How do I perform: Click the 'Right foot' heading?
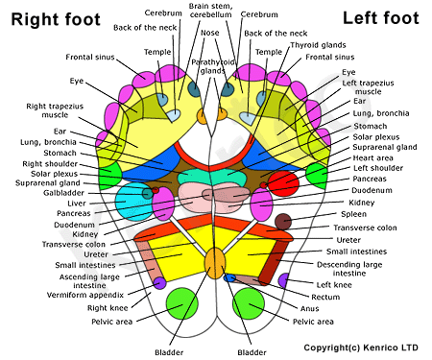click(56, 19)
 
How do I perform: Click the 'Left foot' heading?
click(381, 18)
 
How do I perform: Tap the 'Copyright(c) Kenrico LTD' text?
click(361, 348)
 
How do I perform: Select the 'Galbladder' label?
click(63, 193)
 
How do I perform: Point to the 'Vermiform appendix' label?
click(85, 295)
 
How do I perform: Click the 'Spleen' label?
click(353, 214)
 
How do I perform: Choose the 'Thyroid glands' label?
click(318, 45)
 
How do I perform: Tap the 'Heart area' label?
click(372, 157)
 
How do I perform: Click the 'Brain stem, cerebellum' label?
click(210, 11)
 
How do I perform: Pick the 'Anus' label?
click(309, 308)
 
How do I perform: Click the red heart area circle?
click(283, 183)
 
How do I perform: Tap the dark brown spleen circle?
click(283, 222)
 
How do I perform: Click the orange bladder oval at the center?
click(215, 263)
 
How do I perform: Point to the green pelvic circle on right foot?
click(182, 303)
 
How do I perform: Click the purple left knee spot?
click(283, 280)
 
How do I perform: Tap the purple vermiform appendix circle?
click(159, 283)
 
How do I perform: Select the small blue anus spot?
click(229, 277)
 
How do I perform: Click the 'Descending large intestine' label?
click(349, 269)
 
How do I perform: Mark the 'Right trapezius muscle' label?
click(55, 110)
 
